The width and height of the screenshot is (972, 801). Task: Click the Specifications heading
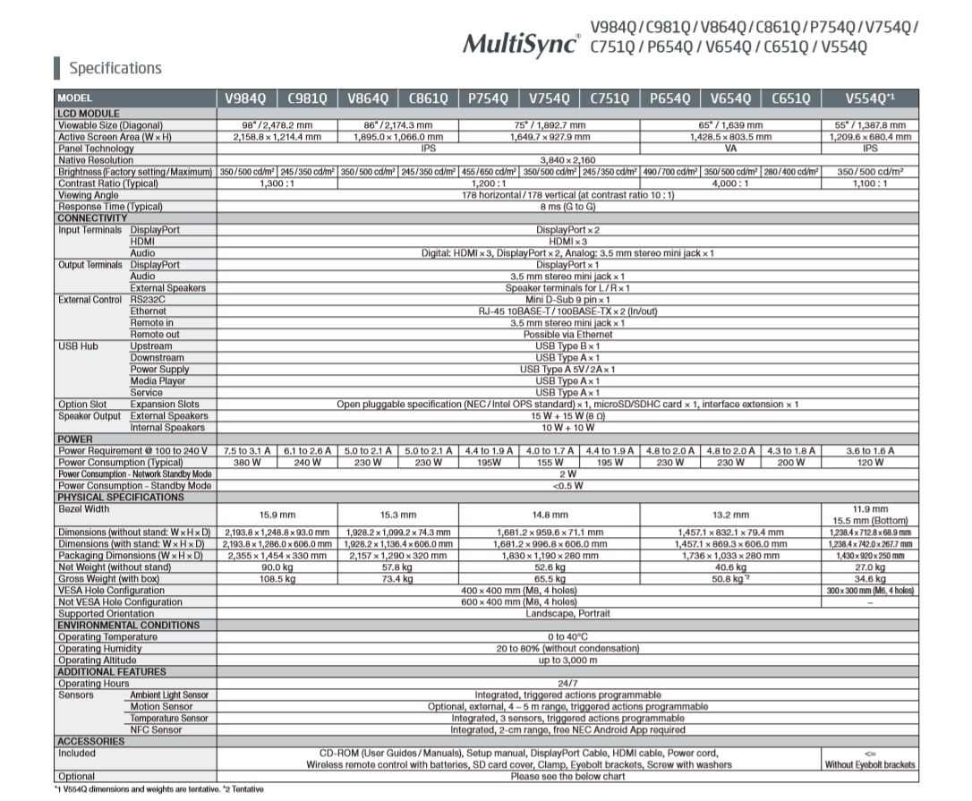click(115, 68)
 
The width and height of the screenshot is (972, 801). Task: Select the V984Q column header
click(246, 98)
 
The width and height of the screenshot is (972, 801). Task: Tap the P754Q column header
click(488, 98)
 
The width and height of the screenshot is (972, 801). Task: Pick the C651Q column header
click(790, 98)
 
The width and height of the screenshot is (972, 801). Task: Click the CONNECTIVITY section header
click(93, 218)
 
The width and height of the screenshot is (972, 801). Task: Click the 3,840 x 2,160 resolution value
click(567, 160)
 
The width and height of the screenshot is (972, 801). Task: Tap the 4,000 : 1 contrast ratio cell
click(730, 183)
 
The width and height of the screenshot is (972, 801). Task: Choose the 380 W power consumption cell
click(246, 463)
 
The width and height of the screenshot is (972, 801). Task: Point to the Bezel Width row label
click(84, 509)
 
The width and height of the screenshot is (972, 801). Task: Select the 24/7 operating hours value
click(567, 684)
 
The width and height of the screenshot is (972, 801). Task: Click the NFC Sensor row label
click(156, 730)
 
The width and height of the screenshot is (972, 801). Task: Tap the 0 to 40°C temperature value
click(567, 637)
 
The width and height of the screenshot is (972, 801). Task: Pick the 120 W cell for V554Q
click(870, 463)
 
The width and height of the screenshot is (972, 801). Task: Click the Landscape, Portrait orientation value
click(567, 614)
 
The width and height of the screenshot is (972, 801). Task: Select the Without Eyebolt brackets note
click(870, 765)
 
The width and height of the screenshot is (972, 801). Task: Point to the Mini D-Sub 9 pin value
click(567, 300)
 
